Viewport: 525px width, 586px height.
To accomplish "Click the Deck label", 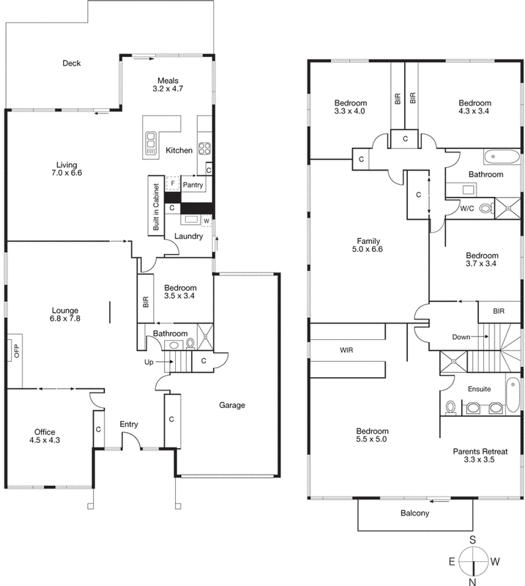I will pyautogui.click(x=71, y=64).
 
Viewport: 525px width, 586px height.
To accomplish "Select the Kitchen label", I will pyautogui.click(x=179, y=150).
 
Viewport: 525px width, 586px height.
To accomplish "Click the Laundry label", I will pyautogui.click(x=188, y=236).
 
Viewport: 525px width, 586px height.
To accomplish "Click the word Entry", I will pyautogui.click(x=129, y=424).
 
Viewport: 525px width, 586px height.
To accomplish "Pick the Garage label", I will pyautogui.click(x=231, y=404).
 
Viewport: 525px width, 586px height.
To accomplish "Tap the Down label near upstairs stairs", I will pyautogui.click(x=461, y=336).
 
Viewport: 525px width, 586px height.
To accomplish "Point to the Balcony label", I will pyautogui.click(x=414, y=513).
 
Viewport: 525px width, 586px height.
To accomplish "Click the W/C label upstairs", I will pyautogui.click(x=467, y=208).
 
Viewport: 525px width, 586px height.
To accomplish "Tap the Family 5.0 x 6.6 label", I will pyautogui.click(x=370, y=245).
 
